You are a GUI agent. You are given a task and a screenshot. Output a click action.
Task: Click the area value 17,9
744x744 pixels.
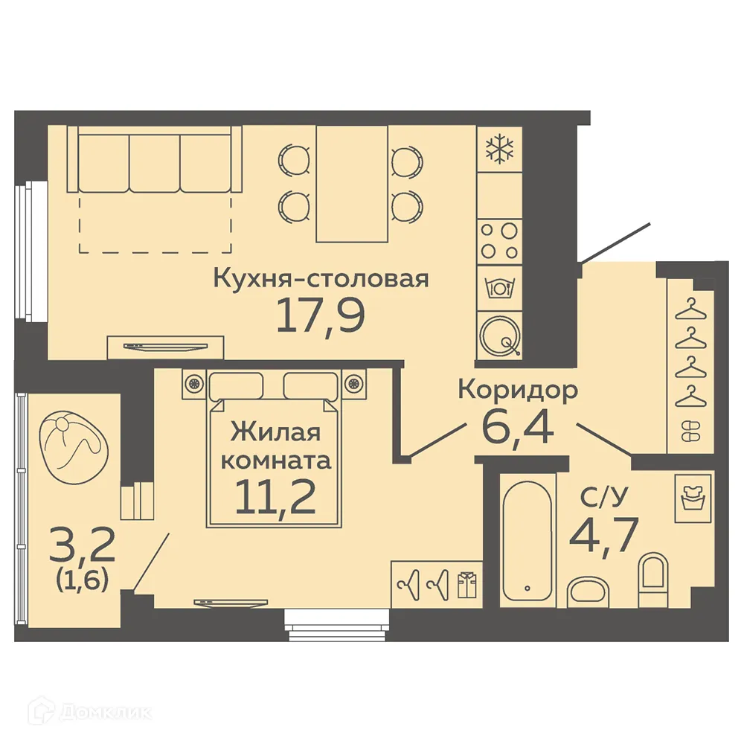point(321,315)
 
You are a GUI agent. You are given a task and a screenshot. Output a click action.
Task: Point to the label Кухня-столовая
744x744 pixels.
point(321,279)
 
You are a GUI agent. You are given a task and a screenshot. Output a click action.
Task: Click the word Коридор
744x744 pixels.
point(518,390)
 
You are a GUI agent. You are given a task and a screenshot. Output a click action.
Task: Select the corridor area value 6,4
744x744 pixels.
point(518,426)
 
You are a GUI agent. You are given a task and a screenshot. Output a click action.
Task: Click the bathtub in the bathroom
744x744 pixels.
point(527,533)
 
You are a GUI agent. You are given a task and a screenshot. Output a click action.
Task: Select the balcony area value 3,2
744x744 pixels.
point(73,546)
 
